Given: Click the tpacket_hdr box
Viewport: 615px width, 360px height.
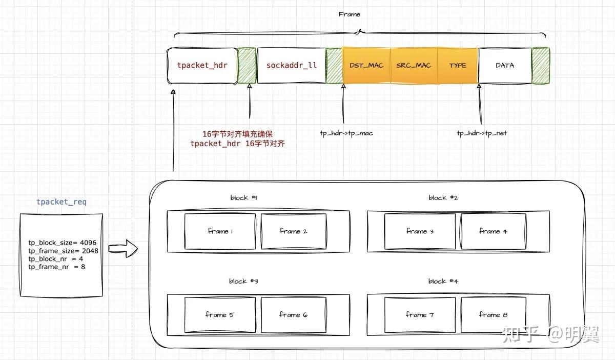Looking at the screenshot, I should (202, 66).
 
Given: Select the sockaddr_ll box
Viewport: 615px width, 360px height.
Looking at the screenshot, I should (291, 66).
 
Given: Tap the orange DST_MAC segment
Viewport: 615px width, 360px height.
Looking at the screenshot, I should (366, 66).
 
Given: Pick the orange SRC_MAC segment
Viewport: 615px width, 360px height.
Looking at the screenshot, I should (414, 66).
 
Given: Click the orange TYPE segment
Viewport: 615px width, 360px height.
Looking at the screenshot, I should (458, 66).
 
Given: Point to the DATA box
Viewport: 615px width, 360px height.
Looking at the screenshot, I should (505, 66).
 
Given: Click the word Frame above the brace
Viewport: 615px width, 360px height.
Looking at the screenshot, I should (350, 14).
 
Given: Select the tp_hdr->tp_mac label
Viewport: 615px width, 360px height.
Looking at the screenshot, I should (346, 133).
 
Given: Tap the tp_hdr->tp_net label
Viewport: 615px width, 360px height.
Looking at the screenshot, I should (482, 133).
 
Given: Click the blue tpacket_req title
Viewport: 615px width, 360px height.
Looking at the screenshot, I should (61, 202).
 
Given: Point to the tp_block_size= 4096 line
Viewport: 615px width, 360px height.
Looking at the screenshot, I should (62, 243).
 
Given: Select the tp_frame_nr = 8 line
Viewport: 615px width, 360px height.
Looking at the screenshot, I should (56, 267).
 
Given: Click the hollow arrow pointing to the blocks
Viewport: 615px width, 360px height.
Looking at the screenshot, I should (124, 250).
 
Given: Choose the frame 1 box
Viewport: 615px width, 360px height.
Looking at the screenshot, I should (220, 231).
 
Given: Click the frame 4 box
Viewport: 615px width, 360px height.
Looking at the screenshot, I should (493, 231).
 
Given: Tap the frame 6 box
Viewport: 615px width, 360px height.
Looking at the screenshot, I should (293, 315).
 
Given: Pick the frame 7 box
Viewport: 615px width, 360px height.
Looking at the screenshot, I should (420, 315).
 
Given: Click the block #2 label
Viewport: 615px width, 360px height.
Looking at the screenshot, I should (443, 198).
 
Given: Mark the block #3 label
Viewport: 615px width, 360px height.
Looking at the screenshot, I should (243, 282).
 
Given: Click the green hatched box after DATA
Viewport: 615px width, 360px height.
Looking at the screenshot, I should (540, 66).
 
